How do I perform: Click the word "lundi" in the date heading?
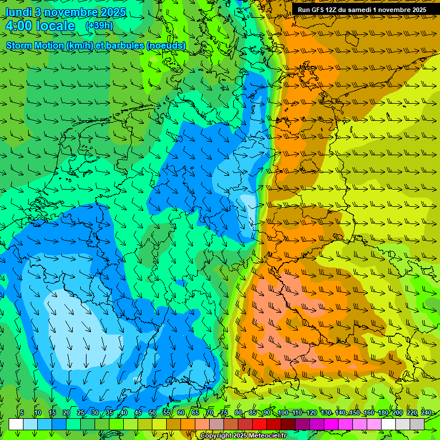18,12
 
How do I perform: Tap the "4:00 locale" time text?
40,26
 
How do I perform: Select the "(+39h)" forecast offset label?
99,26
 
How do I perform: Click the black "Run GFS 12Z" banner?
362,10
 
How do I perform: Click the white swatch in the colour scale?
16,424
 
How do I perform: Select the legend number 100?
283,413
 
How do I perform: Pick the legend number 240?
426,413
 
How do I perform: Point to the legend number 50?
152,413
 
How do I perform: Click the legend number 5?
22,413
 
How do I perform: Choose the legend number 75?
223,413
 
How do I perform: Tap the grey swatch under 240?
417,424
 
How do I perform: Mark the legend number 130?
326,413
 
